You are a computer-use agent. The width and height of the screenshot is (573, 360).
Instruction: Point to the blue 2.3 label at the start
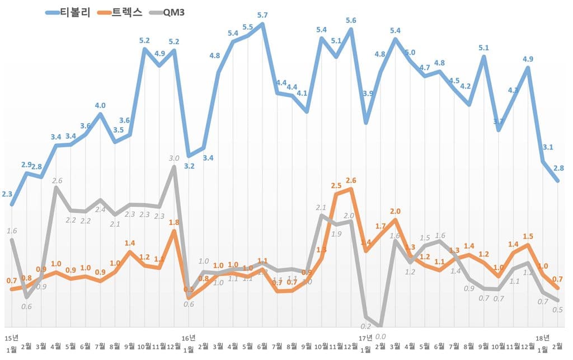8,194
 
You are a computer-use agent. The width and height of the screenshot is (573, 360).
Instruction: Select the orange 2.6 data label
351,180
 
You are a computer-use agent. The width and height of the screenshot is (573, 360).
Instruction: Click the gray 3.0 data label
174,158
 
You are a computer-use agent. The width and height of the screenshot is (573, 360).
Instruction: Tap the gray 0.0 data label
381,336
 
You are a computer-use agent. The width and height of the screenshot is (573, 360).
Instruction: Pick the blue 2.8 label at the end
558,168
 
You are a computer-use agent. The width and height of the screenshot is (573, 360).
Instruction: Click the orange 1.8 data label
174,222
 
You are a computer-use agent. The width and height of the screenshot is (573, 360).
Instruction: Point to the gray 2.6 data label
57,180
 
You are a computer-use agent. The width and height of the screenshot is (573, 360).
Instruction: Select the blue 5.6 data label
351,21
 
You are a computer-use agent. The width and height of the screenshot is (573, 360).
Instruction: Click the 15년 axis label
12,338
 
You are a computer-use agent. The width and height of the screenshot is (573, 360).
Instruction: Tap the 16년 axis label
189,338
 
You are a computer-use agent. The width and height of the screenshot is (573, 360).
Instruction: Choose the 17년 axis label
365,338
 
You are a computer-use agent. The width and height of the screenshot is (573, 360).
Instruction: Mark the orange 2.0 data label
395,211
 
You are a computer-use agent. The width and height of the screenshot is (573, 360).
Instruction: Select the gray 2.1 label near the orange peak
321,208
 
